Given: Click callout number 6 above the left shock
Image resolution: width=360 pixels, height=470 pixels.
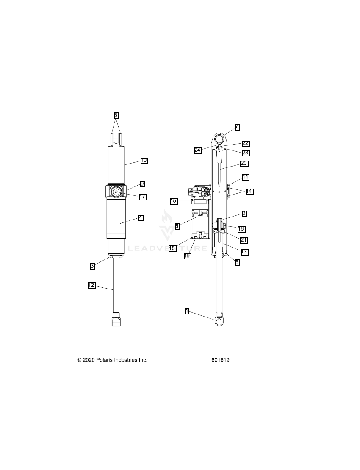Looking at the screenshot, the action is point(116,115).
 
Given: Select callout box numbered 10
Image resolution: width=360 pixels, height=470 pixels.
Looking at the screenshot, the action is point(144,161).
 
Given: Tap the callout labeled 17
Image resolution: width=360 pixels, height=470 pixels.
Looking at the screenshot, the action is point(143,197).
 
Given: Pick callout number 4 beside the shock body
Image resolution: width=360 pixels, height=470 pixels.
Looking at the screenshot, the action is point(141,218).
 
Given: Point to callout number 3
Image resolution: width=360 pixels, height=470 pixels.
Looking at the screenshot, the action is point(93,266).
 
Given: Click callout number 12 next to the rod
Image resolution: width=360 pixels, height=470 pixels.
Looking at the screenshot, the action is point(91,285).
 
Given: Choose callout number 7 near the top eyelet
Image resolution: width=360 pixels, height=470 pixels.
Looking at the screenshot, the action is point(237,127).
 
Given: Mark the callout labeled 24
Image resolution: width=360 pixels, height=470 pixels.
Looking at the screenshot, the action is point(198,150).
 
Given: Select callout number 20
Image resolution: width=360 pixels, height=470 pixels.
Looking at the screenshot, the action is point(244,163).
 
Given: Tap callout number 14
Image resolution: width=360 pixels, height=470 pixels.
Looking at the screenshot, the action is point(249,191).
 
